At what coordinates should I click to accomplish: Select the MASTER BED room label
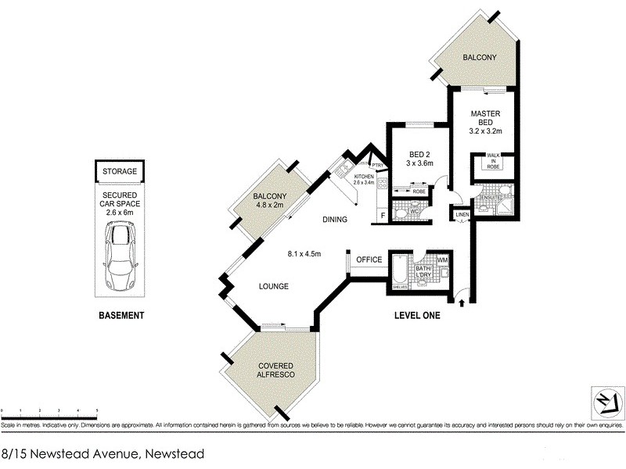[x=485, y=118]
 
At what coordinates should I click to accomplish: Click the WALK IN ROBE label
[x=493, y=160]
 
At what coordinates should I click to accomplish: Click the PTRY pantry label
[x=377, y=166]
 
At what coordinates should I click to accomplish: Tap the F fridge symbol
[x=383, y=215]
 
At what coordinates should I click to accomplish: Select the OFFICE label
[x=369, y=260]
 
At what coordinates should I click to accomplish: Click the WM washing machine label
[x=442, y=260]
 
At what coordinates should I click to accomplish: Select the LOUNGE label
[x=275, y=287]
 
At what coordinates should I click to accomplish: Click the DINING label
[x=334, y=220]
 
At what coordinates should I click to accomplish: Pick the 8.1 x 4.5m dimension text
[x=304, y=252]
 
